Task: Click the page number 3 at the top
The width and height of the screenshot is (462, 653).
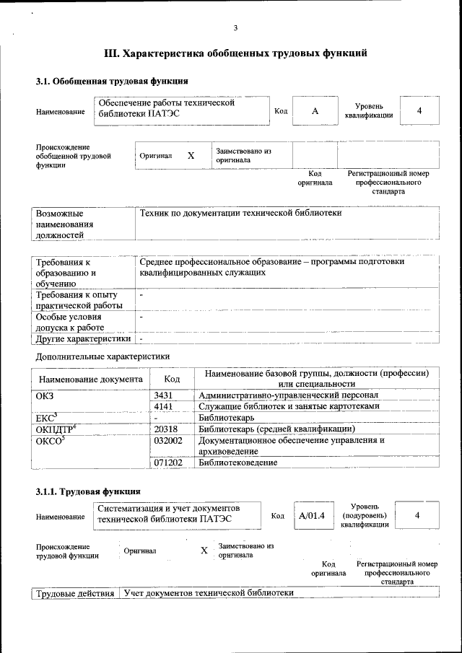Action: click(x=235, y=28)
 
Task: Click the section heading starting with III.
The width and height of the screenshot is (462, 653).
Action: click(x=235, y=53)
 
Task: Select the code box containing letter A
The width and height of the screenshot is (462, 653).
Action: click(x=315, y=111)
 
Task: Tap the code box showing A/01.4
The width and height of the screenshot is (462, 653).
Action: click(x=312, y=515)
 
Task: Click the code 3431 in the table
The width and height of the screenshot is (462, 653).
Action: click(x=166, y=395)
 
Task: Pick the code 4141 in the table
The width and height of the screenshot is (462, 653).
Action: click(x=166, y=406)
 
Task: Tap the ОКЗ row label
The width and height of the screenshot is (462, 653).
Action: click(x=45, y=395)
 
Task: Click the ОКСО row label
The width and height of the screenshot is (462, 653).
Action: click(x=50, y=440)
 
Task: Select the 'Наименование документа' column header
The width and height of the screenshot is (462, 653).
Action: click(x=91, y=379)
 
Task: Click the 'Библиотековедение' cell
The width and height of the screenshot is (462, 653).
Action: click(x=238, y=462)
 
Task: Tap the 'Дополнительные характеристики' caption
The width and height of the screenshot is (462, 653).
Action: click(x=103, y=356)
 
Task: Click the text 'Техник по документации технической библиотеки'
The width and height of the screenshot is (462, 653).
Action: click(x=240, y=213)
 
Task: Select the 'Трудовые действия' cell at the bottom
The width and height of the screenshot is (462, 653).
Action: click(x=75, y=593)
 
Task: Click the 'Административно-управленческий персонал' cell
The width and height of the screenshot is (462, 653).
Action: click(x=288, y=395)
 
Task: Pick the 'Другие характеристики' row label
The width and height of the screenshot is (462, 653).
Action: click(x=83, y=338)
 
